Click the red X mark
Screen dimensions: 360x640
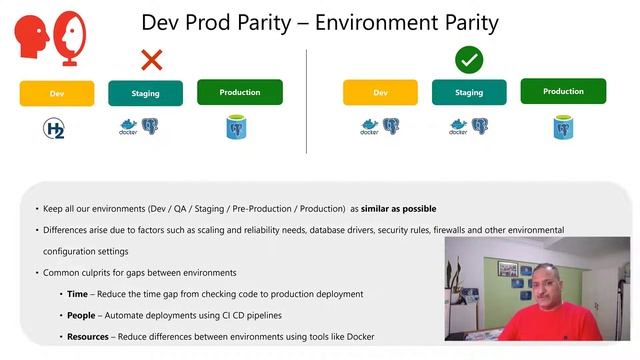pos(151,60)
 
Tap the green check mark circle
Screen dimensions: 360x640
pos(469,60)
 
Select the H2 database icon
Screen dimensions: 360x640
pos(54,128)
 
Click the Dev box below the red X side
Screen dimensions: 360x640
pos(57,93)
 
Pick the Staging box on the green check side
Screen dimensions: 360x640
pos(469,93)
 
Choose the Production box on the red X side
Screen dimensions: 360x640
pos(240,92)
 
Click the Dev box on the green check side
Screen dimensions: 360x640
pos(380,93)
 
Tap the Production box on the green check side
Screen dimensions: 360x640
pos(563,92)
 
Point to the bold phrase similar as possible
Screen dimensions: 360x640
pos(398,209)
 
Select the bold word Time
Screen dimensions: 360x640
pos(77,294)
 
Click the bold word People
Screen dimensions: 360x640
pos(82,315)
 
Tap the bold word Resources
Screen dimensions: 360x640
pos(88,336)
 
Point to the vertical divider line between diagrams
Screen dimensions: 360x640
pos(307,100)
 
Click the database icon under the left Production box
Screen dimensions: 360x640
pos(237,127)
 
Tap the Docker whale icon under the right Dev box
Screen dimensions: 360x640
pos(369,127)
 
